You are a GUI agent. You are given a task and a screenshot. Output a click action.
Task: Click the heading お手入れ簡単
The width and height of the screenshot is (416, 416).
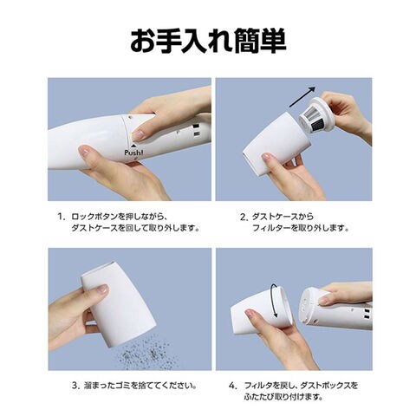tap(208, 41)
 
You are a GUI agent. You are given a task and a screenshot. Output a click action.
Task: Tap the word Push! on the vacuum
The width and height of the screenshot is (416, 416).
tap(133, 153)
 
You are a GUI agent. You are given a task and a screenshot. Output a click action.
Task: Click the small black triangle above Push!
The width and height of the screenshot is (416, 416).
tap(133, 146)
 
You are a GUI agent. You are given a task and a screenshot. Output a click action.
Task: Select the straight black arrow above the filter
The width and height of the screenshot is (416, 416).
tap(302, 96)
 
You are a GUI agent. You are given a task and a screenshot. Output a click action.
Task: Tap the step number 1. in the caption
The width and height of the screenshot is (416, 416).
tap(60, 217)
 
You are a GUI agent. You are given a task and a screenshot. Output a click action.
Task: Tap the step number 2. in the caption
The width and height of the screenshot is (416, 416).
tap(244, 217)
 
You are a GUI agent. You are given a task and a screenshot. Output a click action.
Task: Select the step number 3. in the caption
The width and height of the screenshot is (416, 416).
tap(75, 386)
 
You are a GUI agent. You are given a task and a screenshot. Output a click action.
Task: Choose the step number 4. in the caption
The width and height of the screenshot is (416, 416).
tap(233, 386)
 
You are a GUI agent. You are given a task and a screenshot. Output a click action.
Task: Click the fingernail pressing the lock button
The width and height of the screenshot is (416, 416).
tap(138, 134)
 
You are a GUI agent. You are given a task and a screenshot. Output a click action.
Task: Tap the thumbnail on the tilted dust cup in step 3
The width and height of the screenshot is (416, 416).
tap(102, 289)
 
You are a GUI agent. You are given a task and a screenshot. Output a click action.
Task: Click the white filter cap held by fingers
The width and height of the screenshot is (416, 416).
tap(321, 112)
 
